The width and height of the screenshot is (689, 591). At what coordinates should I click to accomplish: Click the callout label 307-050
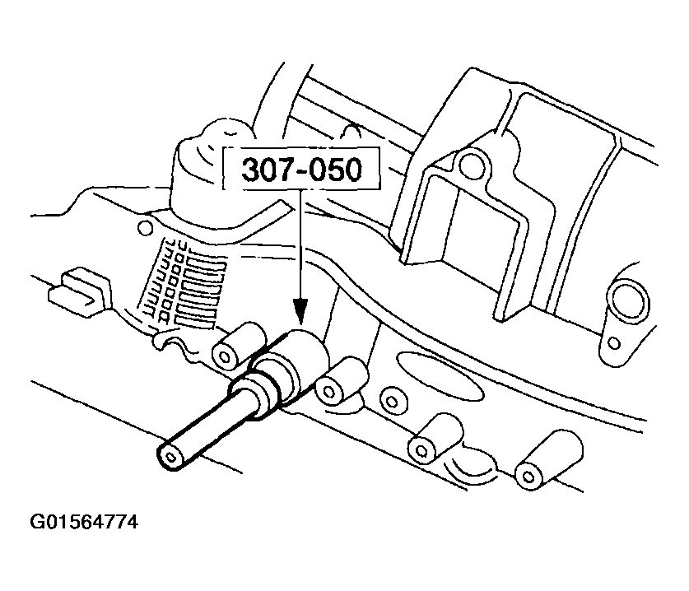301,170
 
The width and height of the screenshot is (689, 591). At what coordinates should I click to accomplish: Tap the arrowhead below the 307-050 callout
300,310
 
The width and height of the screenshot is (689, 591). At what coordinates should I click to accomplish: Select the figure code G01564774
84,522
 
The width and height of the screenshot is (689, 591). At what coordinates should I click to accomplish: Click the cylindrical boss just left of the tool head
238,345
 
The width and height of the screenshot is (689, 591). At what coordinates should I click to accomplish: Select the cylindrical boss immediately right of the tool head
341,380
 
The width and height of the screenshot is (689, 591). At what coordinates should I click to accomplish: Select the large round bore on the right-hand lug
626,303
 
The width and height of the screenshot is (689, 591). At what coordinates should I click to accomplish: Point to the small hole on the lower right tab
615,343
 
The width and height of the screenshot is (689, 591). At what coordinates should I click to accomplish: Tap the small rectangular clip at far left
78,291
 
